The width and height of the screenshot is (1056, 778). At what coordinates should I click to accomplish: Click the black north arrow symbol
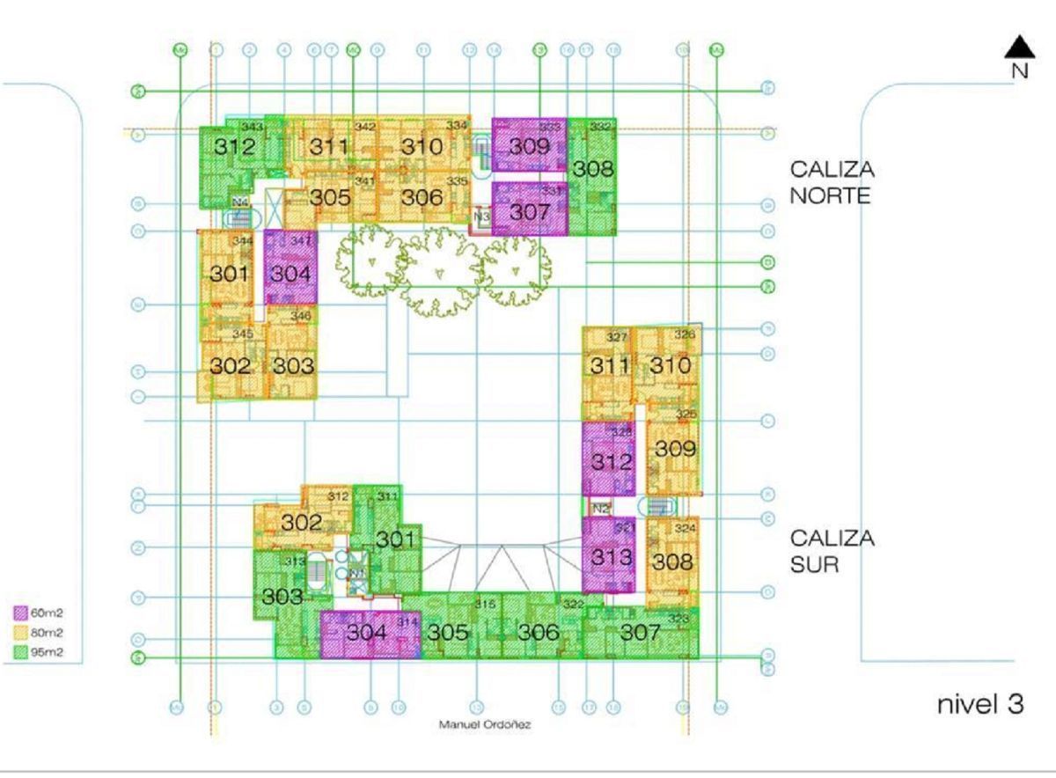(1019, 48)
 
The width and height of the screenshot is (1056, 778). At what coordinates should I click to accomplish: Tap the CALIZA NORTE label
(832, 182)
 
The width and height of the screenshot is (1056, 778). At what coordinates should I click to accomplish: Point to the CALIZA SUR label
(832, 551)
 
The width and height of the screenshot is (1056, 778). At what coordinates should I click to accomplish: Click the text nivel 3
(979, 704)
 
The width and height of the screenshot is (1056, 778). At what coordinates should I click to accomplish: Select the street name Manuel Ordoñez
(485, 725)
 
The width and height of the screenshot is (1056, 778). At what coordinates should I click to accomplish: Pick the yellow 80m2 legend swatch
(22, 632)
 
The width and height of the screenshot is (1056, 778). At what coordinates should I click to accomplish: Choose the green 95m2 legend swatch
(22, 652)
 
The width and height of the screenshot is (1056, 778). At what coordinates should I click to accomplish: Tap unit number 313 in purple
(611, 556)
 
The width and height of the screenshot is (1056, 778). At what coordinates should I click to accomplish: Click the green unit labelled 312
(234, 147)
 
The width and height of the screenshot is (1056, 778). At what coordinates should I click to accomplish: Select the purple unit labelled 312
(611, 461)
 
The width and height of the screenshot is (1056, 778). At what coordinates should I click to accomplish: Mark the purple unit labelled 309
(530, 146)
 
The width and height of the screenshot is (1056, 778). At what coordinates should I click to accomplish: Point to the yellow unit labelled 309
(675, 449)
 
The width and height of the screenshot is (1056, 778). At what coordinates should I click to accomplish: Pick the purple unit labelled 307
(530, 212)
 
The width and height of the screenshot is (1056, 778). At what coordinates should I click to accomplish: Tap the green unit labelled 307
(640, 632)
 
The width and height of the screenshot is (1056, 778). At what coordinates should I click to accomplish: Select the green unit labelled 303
(282, 597)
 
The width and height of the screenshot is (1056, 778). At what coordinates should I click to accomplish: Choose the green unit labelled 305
(447, 632)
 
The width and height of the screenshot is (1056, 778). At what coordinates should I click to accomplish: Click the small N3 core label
(481, 216)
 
